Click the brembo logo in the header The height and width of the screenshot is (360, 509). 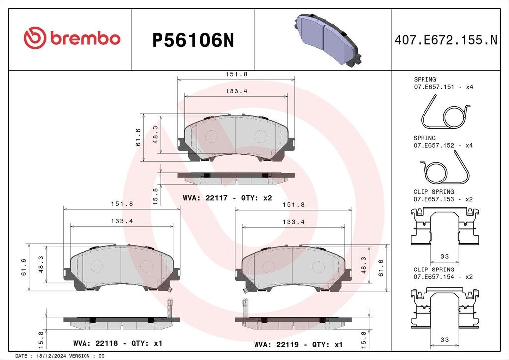[72, 38]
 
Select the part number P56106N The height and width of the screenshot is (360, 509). [193, 41]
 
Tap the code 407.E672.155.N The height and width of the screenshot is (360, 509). [446, 40]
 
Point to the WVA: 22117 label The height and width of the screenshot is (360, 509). [205, 198]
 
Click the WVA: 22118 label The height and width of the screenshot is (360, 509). [95, 343]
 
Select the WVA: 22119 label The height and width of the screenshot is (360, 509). [276, 345]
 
